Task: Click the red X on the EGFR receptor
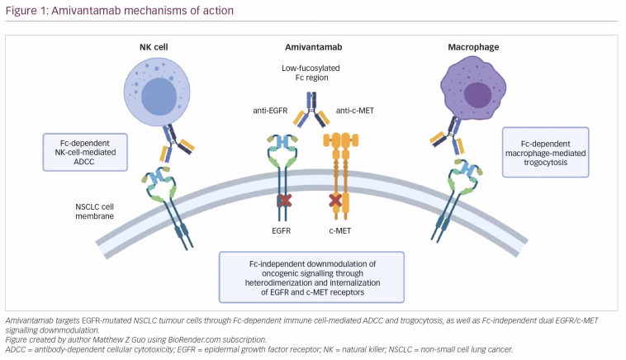coord(286,200)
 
